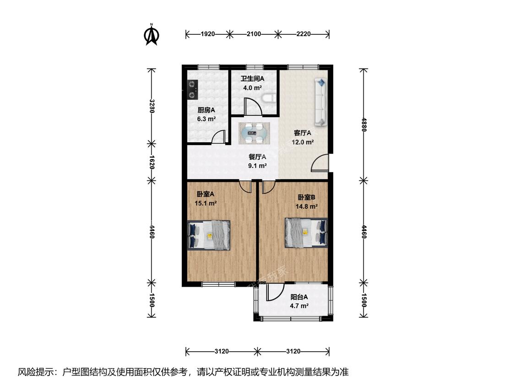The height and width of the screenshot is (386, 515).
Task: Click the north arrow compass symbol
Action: pyautogui.click(x=152, y=34)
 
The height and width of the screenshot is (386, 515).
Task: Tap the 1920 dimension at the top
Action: pyautogui.click(x=207, y=34)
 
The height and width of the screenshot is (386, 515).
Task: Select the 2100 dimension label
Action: pyautogui.click(x=254, y=34)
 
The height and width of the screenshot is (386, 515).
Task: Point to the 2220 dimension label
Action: pyautogui.click(x=303, y=34)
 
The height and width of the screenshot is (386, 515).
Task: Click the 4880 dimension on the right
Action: pyautogui.click(x=363, y=125)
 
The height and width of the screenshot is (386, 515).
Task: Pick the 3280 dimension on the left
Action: pyautogui.click(x=152, y=106)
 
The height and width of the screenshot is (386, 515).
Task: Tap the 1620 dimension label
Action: pyautogui.click(x=152, y=162)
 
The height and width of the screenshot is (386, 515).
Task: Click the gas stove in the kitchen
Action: pyautogui.click(x=192, y=90)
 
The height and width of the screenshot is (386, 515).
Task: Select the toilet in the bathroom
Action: pyautogui.click(x=269, y=98)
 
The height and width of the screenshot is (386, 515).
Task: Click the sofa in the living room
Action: pyautogui.click(x=321, y=102)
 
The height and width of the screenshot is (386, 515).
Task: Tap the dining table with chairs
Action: pyautogui.click(x=254, y=133)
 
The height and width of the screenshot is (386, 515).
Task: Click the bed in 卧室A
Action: pyautogui.click(x=209, y=236)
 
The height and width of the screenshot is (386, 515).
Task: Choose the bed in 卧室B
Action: pyautogui.click(x=306, y=232)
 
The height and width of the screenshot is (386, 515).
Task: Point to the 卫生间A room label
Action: pyautogui.click(x=252, y=79)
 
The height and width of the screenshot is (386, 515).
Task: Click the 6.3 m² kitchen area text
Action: pyautogui.click(x=206, y=119)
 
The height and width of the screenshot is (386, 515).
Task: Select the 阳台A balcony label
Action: pyautogui.click(x=299, y=297)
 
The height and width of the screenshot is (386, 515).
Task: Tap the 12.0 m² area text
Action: pyautogui.click(x=303, y=142)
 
